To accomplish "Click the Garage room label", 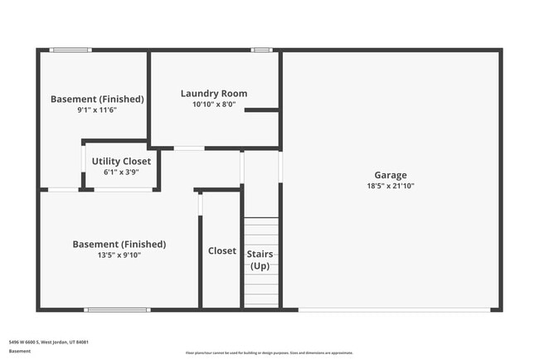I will [390, 175].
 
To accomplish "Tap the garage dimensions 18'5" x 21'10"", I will [390, 187].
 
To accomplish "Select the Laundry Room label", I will [214, 94].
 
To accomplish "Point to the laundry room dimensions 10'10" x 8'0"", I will [214, 105].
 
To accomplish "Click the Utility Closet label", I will [121, 161].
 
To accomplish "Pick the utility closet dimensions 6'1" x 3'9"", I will [121, 173].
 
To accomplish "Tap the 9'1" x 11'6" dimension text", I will [97, 110].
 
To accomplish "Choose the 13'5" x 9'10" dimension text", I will [119, 255].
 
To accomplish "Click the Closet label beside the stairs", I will [221, 251].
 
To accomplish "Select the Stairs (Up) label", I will [260, 259].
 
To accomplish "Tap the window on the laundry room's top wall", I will [261, 51].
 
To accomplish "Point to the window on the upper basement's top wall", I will [70, 51].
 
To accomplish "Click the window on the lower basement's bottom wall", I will [117, 310].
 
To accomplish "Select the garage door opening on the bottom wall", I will [393, 310].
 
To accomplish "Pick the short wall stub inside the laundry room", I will [261, 109].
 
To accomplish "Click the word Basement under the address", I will [19, 351].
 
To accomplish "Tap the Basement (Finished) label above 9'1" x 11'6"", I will [97, 99].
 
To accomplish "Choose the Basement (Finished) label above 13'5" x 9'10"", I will [119, 244].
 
